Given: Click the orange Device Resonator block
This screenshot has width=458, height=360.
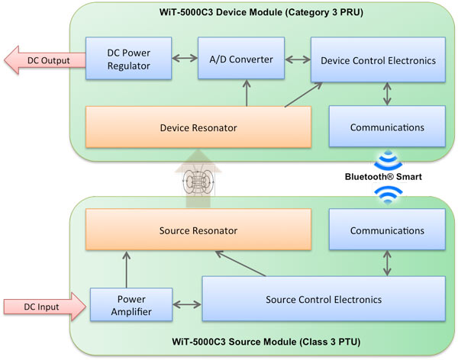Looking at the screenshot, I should (x=199, y=127).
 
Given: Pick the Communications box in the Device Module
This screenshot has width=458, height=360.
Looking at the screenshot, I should (x=386, y=127).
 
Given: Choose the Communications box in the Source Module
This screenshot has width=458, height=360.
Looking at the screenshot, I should (x=386, y=230).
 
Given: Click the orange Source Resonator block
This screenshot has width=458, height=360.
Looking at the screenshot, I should (x=198, y=230).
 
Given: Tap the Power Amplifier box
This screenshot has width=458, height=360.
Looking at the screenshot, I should (x=121, y=306).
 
